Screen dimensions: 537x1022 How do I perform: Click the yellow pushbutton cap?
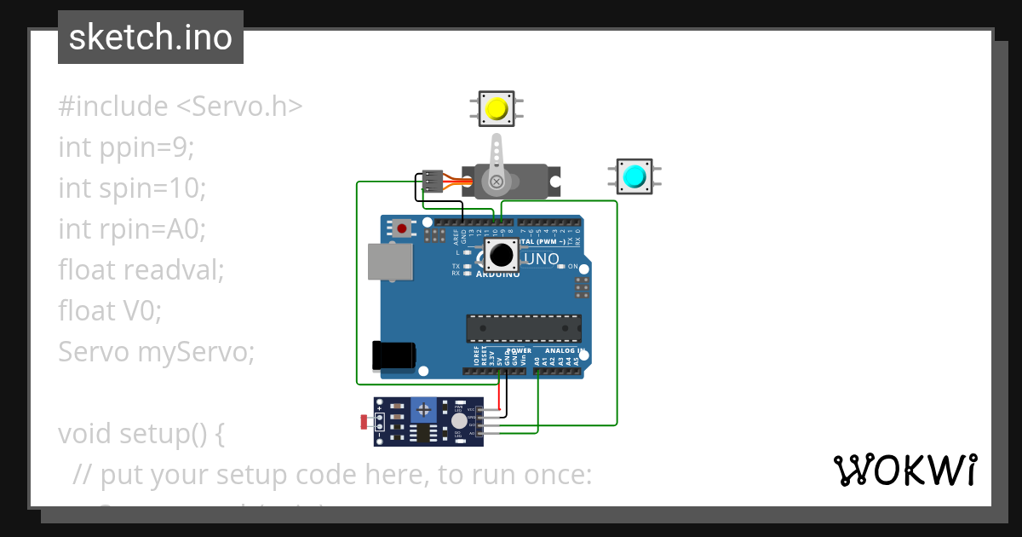click(x=497, y=109)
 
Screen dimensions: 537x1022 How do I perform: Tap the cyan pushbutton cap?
click(x=634, y=176)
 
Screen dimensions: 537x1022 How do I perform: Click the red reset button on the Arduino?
click(x=400, y=228)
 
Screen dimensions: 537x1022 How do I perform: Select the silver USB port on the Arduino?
click(x=391, y=262)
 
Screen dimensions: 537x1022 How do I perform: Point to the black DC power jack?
click(x=393, y=355)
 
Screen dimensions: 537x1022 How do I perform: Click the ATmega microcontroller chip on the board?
click(x=524, y=328)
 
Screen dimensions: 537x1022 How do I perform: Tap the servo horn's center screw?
click(x=495, y=181)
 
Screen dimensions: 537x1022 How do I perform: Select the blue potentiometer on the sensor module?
click(x=423, y=411)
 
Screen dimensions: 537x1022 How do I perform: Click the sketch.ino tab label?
click(x=151, y=38)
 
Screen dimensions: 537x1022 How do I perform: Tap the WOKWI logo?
click(x=904, y=471)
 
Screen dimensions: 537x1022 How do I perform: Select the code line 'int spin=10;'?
click(x=132, y=188)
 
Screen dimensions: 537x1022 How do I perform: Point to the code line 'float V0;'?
click(x=109, y=310)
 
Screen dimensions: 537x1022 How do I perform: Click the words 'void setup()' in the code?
click(x=141, y=433)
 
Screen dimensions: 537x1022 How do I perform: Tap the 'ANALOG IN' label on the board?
click(x=564, y=350)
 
